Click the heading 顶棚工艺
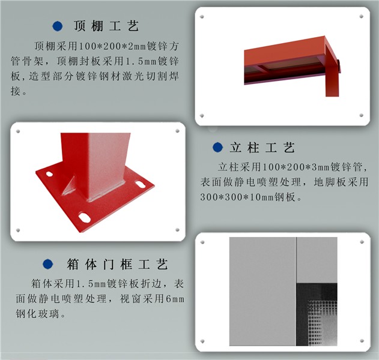point(106,26)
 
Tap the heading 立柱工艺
point(262,147)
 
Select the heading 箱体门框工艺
point(118,264)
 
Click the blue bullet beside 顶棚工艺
point(58,26)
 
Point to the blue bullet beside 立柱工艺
point(217,147)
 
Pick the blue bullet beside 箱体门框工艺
point(48,264)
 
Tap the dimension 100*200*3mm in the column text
point(296,167)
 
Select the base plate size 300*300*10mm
point(237,197)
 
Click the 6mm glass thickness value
point(175,299)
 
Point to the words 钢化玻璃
point(38,314)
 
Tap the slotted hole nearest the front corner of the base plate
point(84,217)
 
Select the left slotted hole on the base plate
point(49,174)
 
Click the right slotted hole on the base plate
point(140,185)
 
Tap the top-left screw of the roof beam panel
point(202,17)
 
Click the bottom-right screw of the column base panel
point(177,230)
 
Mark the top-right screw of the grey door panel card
point(362,242)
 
